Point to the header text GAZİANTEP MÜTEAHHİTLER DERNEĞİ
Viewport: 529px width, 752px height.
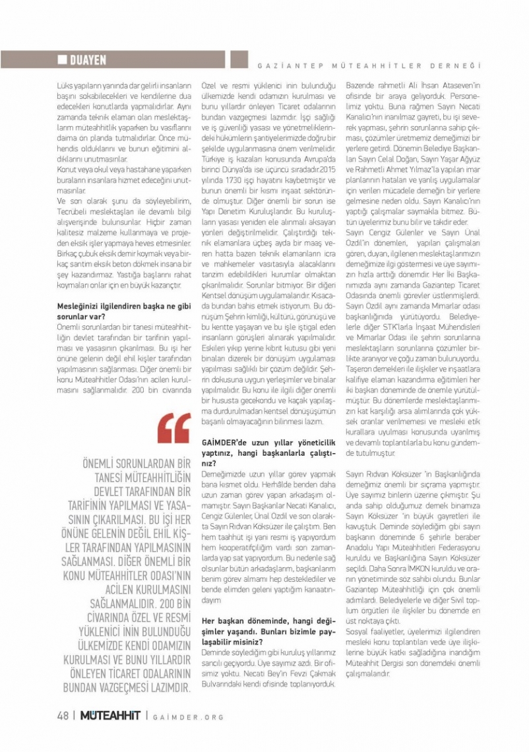click(367, 66)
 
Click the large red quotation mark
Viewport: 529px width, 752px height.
click(174, 429)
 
